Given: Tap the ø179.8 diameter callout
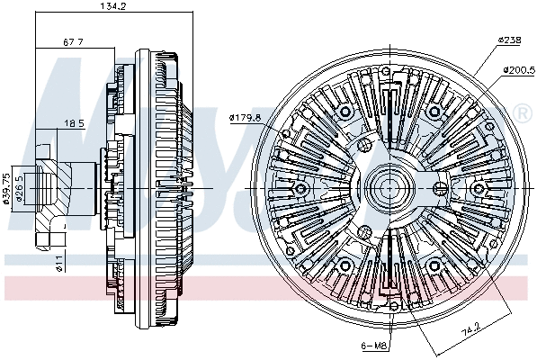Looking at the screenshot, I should pyautogui.click(x=245, y=117).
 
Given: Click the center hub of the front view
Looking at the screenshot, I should pyautogui.click(x=389, y=187).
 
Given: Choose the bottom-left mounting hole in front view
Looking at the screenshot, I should pyautogui.click(x=344, y=265).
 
